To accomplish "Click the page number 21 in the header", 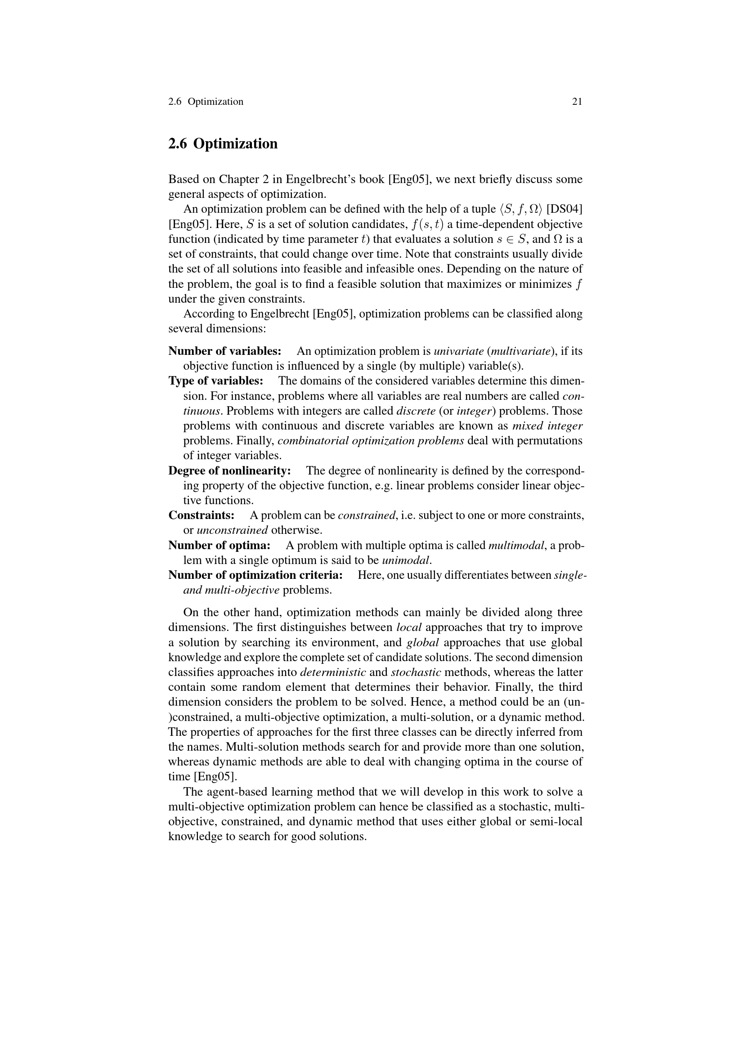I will [577, 102].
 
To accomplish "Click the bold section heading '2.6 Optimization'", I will [223, 144].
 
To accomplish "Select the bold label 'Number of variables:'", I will [224, 351].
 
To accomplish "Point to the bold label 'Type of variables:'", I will [216, 381].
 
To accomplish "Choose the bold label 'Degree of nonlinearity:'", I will [229, 470].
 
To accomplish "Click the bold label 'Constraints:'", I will [201, 515].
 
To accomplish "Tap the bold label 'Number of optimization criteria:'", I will [255, 575].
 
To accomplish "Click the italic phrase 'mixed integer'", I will [547, 426].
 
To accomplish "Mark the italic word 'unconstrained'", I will [232, 531].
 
